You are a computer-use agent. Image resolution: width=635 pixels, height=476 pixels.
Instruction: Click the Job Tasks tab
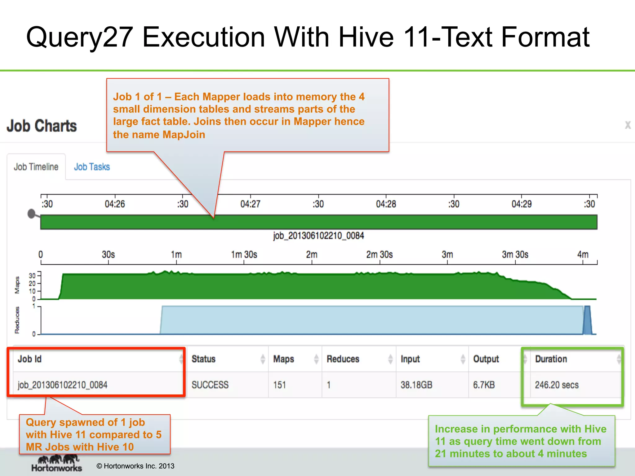pos(92,167)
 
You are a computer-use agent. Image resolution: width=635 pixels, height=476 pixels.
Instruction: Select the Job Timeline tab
pos(36,167)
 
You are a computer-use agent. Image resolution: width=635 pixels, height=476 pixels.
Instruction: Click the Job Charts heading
pos(42,126)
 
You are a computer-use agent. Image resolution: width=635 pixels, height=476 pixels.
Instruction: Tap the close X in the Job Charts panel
pos(628,125)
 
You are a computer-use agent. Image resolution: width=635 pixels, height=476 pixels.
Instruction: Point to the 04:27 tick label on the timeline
pos(250,204)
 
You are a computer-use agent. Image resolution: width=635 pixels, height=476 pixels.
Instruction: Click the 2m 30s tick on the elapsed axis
pos(380,255)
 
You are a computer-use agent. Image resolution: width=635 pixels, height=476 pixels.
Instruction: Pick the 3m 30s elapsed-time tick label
pos(515,255)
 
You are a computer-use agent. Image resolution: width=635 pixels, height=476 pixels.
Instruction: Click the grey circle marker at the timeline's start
pos(31,214)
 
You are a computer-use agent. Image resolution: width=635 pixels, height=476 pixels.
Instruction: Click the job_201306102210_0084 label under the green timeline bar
pos(318,236)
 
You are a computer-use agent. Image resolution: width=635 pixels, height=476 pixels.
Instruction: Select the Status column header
pos(203,359)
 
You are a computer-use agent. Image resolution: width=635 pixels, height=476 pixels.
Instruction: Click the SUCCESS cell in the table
pos(210,385)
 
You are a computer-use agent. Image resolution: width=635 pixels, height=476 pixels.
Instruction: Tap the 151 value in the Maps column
pos(279,385)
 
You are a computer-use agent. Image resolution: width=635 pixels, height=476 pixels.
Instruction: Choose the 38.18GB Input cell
pos(416,385)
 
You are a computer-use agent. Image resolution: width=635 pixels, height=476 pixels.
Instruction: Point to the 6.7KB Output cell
pos(484,385)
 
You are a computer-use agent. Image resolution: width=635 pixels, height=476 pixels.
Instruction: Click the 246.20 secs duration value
pos(557,385)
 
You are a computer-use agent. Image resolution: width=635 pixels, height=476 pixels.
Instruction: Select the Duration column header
pos(551,359)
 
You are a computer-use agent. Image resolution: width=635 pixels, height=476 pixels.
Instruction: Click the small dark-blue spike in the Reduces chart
pos(587,321)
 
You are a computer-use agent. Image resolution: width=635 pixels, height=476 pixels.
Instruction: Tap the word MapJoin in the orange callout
pos(184,134)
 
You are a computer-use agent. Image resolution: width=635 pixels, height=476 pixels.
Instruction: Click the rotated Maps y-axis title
pos(17,285)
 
